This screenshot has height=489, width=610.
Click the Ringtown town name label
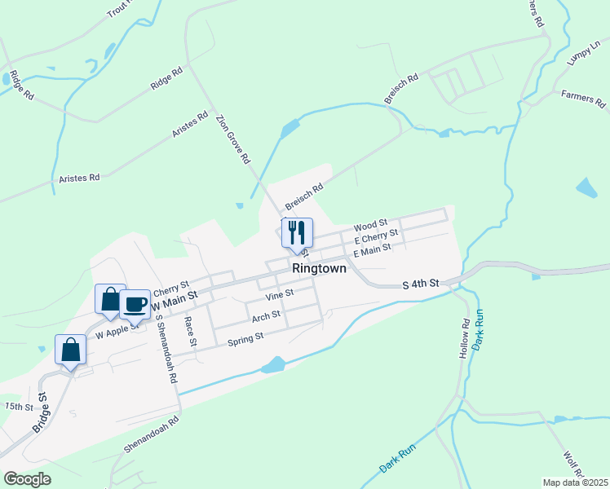pyautogui.click(x=319, y=268)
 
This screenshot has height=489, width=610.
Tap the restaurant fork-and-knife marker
pyautogui.click(x=297, y=233)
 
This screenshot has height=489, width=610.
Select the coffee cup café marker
pyautogui.click(x=135, y=305)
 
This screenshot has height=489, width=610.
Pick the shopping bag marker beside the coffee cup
pyautogui.click(x=110, y=298)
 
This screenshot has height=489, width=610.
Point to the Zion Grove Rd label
pyautogui.click(x=232, y=139)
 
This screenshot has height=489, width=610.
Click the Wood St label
pyautogui.click(x=370, y=226)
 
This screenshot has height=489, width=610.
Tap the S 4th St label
pyautogui.click(x=422, y=283)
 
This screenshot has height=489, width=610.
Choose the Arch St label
pyautogui.click(x=266, y=315)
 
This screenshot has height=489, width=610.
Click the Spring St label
pyautogui.click(x=245, y=337)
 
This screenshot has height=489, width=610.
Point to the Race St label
pyautogui.click(x=191, y=332)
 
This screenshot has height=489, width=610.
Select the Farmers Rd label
pyautogui.click(x=585, y=99)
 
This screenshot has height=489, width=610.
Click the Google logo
pyautogui.click(x=28, y=479)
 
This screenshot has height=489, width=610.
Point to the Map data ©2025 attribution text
pyautogui.click(x=575, y=482)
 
